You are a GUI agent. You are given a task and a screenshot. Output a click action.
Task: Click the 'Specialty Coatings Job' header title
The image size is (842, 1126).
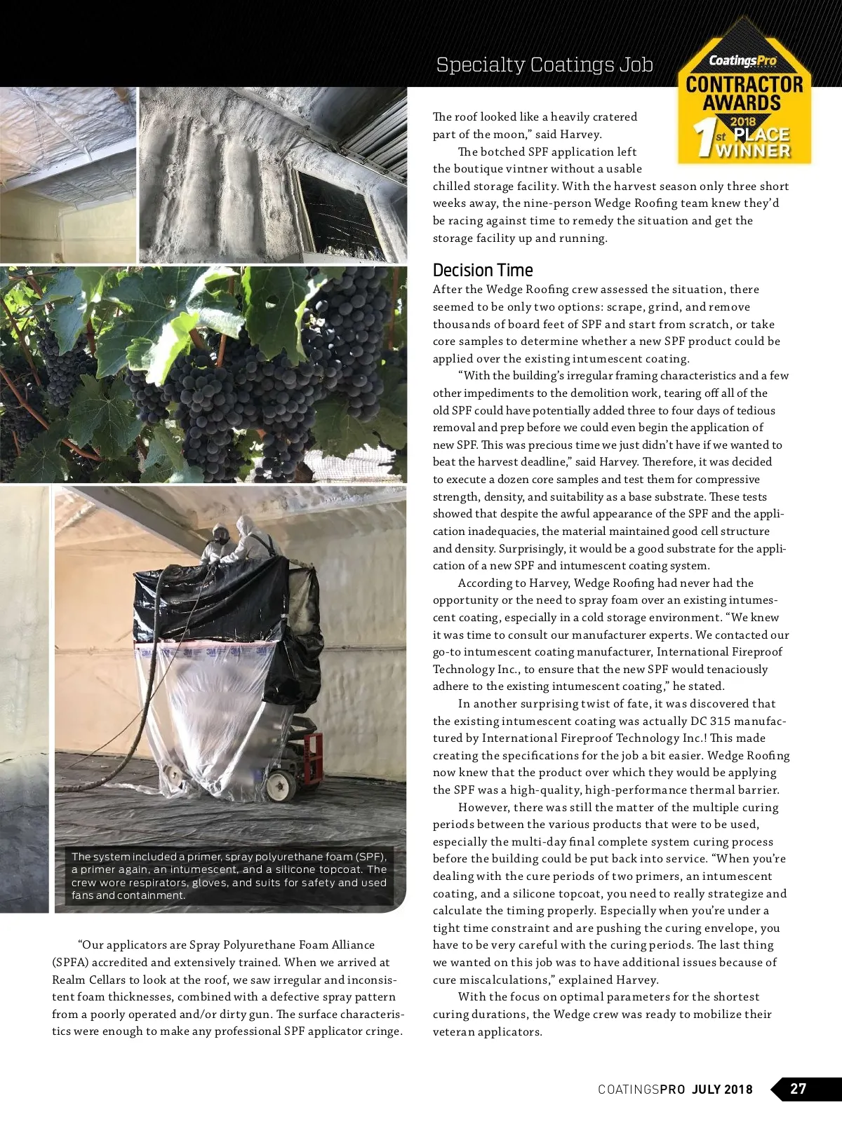click(x=544, y=65)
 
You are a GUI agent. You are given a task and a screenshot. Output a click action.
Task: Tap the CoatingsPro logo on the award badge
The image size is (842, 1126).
click(x=743, y=61)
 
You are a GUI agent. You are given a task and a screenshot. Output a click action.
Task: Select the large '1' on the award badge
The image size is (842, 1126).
click(x=703, y=138)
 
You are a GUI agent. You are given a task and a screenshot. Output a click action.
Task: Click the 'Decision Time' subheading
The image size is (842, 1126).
click(x=483, y=271)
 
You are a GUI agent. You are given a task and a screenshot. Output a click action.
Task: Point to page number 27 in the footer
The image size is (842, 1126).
click(x=798, y=1089)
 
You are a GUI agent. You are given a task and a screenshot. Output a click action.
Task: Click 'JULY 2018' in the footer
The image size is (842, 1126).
click(x=722, y=1090)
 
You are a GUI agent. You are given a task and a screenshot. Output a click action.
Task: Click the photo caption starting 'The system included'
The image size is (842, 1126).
click(x=229, y=876)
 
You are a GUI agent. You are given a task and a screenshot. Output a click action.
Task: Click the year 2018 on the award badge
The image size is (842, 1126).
click(x=743, y=122)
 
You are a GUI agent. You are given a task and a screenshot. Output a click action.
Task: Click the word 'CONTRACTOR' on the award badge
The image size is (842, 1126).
click(x=744, y=85)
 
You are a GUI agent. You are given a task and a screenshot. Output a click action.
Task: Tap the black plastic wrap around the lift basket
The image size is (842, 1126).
click(x=210, y=603)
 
